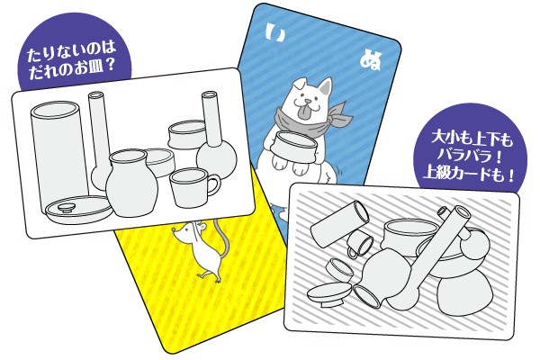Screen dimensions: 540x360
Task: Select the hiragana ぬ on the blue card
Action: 371,60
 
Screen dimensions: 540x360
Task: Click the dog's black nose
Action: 307,102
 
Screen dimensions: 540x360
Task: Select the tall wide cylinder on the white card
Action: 58,155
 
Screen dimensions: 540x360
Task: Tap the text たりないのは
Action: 71,52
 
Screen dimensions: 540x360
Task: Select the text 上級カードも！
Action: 469,175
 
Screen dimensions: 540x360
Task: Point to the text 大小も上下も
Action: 472,139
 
